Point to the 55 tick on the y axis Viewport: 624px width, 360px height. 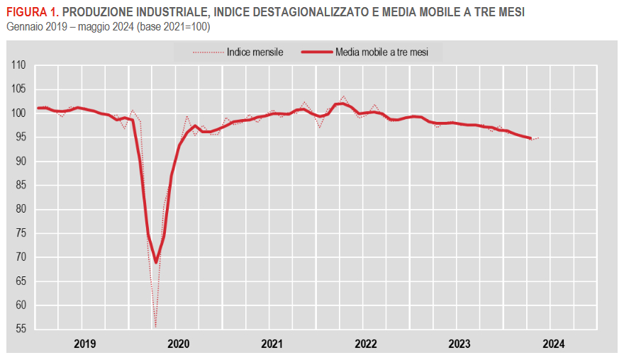coord(20,330)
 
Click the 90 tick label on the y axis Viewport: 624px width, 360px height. coord(20,162)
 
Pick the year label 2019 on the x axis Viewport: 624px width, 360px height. coord(84,344)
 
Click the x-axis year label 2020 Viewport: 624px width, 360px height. coord(178,344)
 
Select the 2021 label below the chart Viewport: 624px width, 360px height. coord(272,344)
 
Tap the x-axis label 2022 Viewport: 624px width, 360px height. coord(366,344)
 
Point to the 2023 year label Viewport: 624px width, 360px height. coord(459,344)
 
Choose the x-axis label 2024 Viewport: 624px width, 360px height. coord(553,344)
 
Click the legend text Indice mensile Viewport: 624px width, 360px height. coord(255,52)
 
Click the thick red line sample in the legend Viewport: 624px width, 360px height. coord(316,52)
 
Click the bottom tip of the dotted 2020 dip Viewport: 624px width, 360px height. coord(155,327)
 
